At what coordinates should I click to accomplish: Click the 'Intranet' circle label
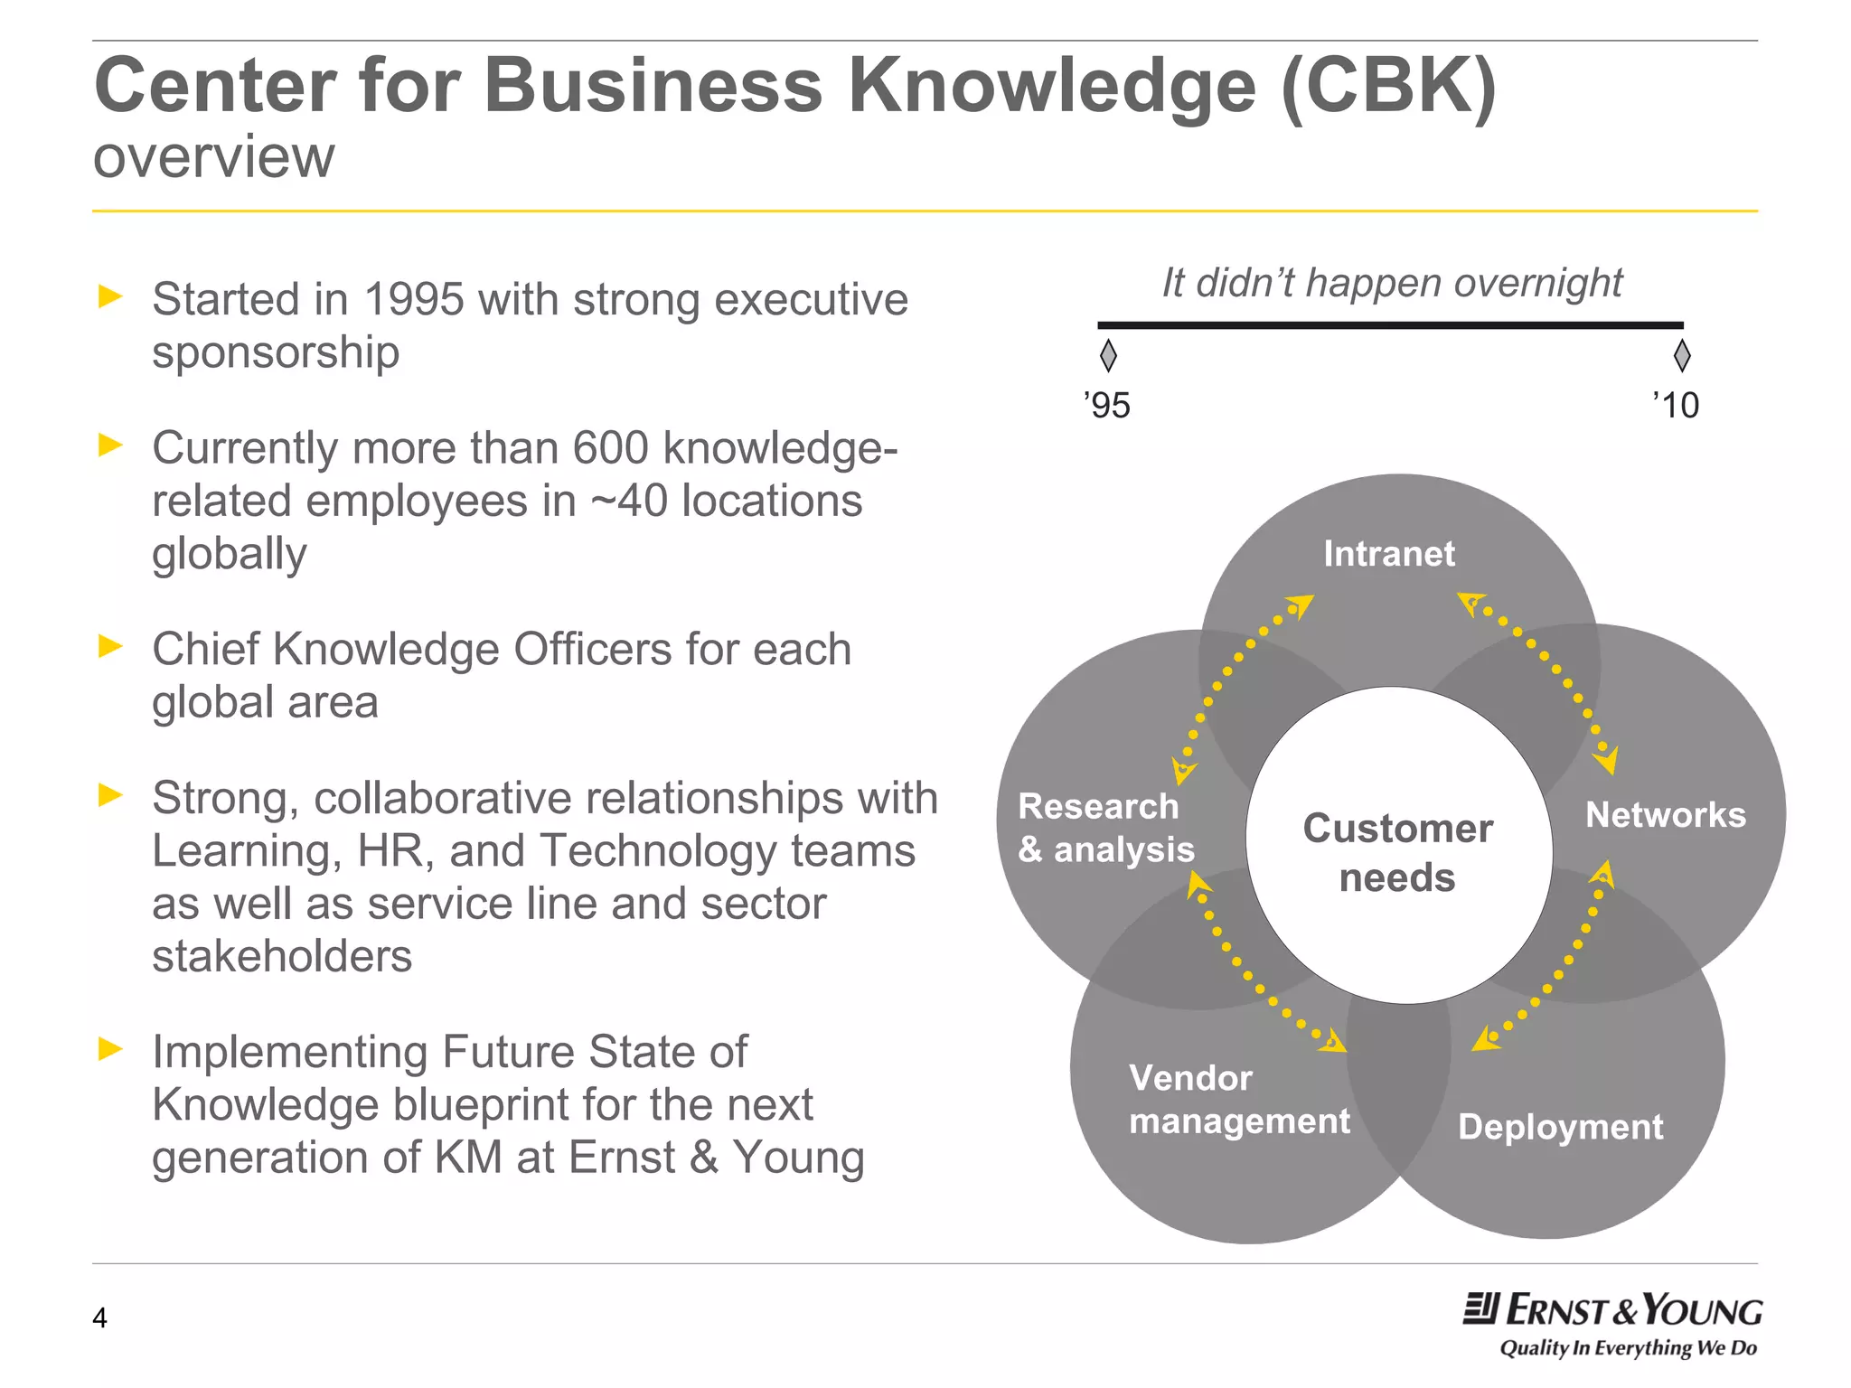coord(1389,554)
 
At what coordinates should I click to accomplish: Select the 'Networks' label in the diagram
coord(1665,815)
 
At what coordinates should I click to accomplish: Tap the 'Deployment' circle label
coord(1560,1127)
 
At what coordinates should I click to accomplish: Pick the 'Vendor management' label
coord(1239,1100)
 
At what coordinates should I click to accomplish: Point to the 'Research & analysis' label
coord(1105,828)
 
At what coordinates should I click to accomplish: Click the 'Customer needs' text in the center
coord(1397,853)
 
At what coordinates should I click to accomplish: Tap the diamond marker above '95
coord(1108,355)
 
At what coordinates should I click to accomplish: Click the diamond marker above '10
coord(1681,355)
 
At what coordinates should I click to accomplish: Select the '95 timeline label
coord(1106,406)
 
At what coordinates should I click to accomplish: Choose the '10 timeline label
coord(1676,405)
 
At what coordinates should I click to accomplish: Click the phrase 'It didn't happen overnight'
coord(1392,283)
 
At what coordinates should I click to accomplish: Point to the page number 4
coord(99,1318)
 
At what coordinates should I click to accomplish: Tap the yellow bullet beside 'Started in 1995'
coord(110,296)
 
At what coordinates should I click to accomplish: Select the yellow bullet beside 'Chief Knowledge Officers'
coord(110,646)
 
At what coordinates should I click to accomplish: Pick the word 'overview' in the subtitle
coord(214,157)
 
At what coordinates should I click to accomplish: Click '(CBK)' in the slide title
coord(1388,86)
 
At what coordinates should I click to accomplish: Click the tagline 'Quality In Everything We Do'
coord(1628,1348)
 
